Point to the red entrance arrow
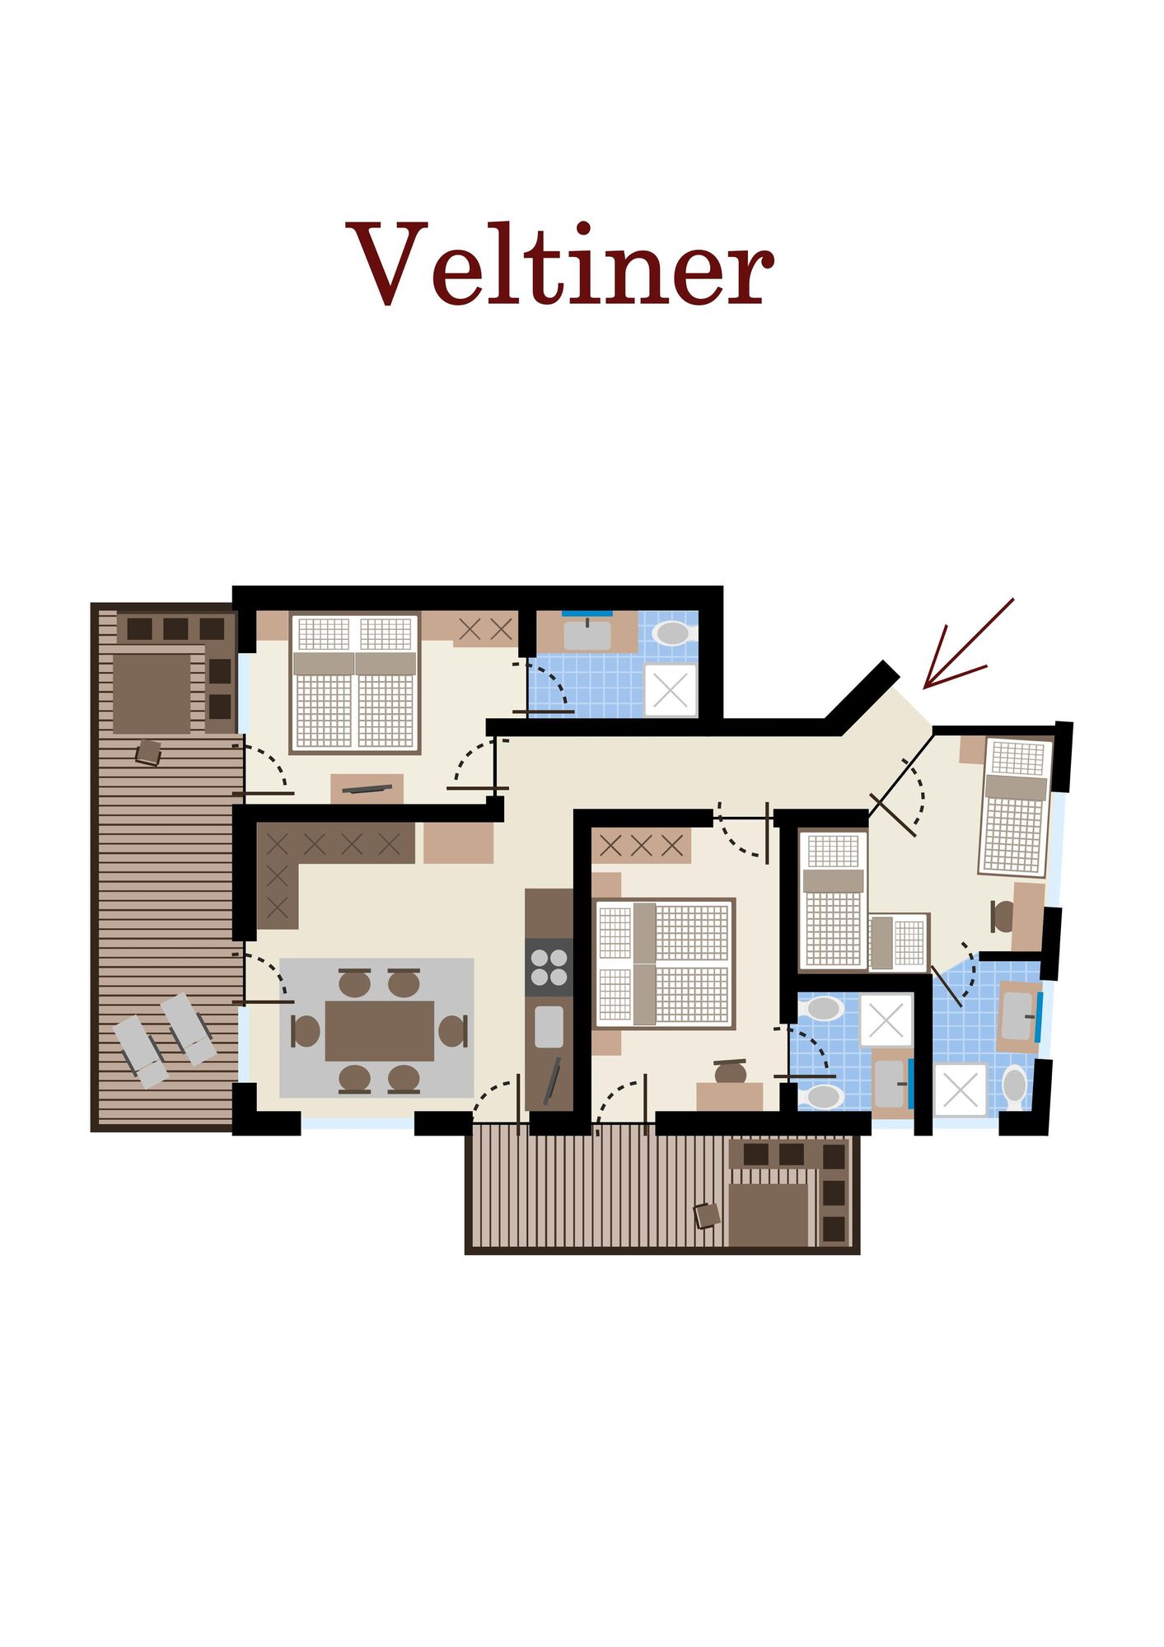click(x=968, y=644)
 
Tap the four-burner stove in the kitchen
click(x=549, y=968)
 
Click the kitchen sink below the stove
click(x=549, y=1027)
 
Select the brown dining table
click(x=379, y=1030)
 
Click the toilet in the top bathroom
click(x=672, y=632)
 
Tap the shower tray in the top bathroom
click(x=671, y=690)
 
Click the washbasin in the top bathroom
click(x=587, y=634)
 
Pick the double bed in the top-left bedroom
click(x=355, y=683)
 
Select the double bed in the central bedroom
click(x=664, y=963)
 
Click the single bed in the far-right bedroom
click(x=1016, y=808)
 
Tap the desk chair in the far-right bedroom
click(x=1003, y=917)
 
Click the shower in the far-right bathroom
click(x=960, y=1089)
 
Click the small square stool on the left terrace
click(x=148, y=752)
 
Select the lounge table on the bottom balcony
click(x=768, y=1215)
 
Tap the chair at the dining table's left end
click(x=305, y=1031)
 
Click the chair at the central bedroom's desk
click(x=730, y=1072)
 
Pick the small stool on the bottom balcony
click(x=707, y=1215)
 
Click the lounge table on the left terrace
click(x=152, y=693)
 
